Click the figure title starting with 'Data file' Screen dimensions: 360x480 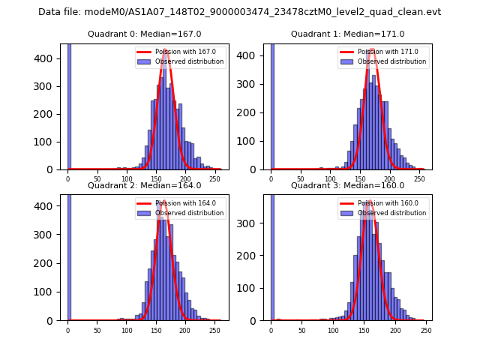[x=240, y=12]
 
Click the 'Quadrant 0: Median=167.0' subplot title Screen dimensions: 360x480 [x=145, y=34]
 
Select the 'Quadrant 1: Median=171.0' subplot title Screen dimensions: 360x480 [x=347, y=34]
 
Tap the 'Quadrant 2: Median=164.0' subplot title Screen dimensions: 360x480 [x=145, y=185]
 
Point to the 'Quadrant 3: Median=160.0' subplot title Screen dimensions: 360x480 [x=347, y=185]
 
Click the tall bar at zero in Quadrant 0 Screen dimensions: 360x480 [x=69, y=105]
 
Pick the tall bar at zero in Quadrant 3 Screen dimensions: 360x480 [x=271, y=255]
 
